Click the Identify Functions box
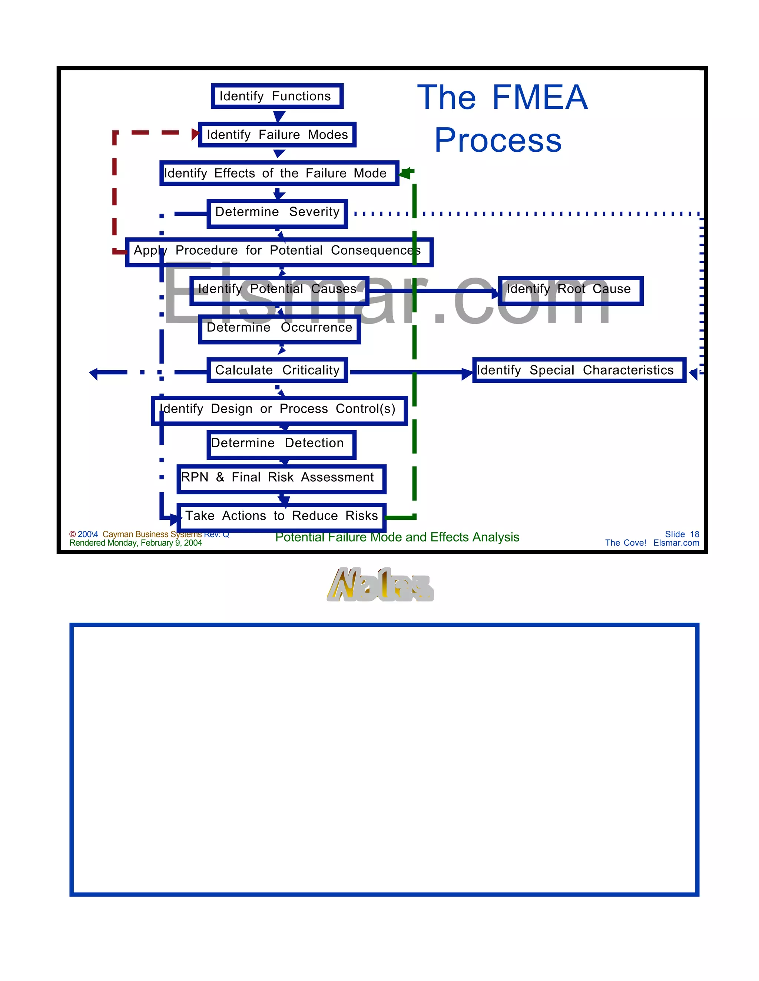point(277,96)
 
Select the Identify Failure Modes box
point(277,135)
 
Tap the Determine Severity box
point(277,213)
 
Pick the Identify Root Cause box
point(570,291)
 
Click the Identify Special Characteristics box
point(578,370)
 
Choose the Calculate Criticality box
point(277,370)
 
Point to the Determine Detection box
point(281,444)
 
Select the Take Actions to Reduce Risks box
point(281,516)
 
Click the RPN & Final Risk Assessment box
point(281,478)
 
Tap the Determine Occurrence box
point(279,329)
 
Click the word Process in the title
point(498,140)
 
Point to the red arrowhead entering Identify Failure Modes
point(195,134)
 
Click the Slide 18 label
point(682,534)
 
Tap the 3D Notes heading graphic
point(380,585)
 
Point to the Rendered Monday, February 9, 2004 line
point(135,543)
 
